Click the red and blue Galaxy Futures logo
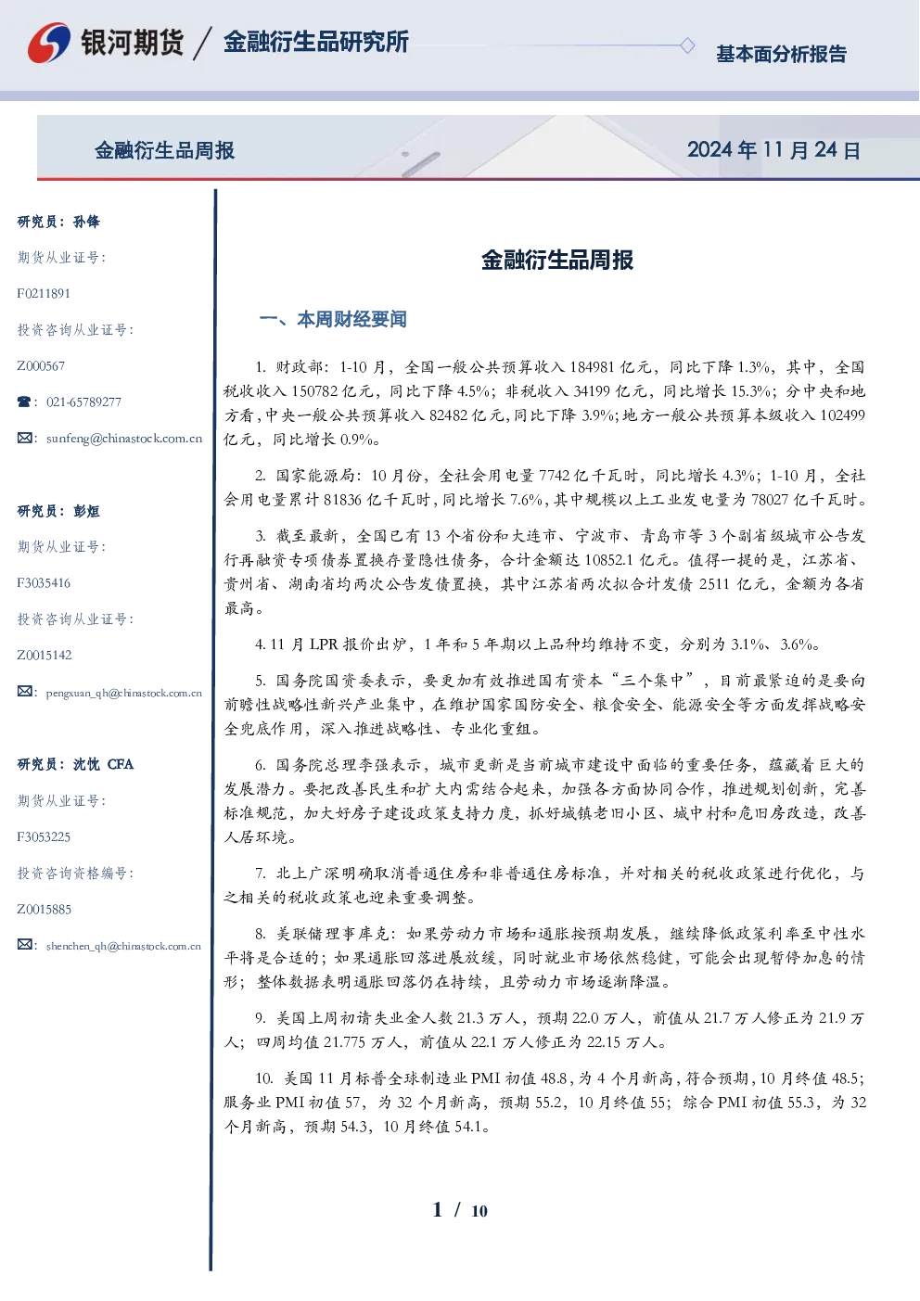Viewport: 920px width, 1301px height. [49, 43]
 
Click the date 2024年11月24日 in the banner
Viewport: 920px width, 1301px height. [773, 150]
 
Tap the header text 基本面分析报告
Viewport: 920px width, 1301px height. [781, 54]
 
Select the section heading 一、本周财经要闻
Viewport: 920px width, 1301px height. [333, 319]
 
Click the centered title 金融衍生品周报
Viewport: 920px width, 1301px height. [557, 260]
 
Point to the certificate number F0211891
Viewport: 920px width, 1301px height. [44, 293]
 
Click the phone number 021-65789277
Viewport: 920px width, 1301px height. [83, 402]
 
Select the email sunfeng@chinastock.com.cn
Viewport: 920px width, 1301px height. [124, 439]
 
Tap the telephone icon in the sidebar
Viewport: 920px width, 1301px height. [24, 402]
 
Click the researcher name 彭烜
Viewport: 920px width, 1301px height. [86, 511]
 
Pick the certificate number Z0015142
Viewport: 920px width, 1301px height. [45, 656]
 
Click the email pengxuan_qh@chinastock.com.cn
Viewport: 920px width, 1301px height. [123, 693]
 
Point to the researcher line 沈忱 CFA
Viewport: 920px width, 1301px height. [103, 764]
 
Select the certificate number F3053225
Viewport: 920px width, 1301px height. [44, 837]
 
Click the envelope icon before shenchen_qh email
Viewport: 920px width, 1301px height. [24, 945]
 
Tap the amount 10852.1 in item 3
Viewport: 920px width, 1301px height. [608, 560]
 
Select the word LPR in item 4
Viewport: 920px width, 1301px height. [324, 644]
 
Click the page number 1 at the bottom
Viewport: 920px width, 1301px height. [438, 1210]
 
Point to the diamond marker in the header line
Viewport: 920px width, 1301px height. [687, 45]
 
